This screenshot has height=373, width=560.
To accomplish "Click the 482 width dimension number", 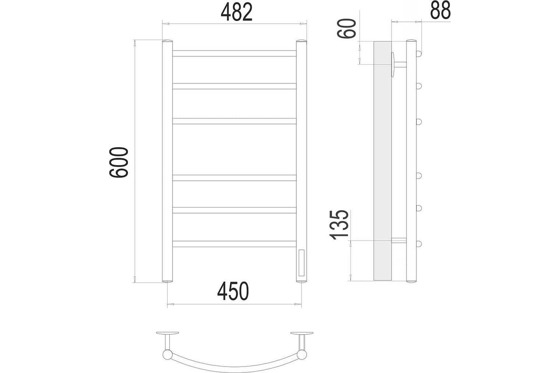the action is tap(237, 12).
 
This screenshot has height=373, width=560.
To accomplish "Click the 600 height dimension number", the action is tap(119, 162).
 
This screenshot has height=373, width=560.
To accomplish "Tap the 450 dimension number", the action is tap(233, 291).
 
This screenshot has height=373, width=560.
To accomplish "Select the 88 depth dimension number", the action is tap(440, 10).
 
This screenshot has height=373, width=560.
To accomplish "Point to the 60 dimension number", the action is tap(346, 28).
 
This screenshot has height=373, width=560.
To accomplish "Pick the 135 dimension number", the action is tap(339, 225).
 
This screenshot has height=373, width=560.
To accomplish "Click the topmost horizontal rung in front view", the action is tap(234, 54).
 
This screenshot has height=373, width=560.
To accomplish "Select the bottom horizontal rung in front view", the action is tap(234, 244).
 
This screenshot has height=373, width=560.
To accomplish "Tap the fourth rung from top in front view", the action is tap(234, 178).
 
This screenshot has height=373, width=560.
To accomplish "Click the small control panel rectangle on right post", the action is tap(301, 262).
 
